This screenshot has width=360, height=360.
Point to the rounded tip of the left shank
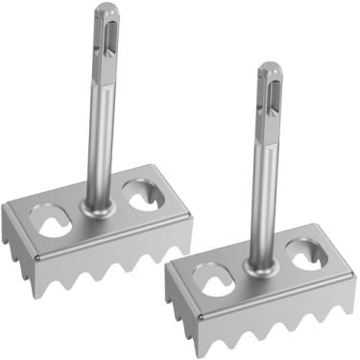[x=104, y=8]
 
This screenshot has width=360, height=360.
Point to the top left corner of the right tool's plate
[x=169, y=269]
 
